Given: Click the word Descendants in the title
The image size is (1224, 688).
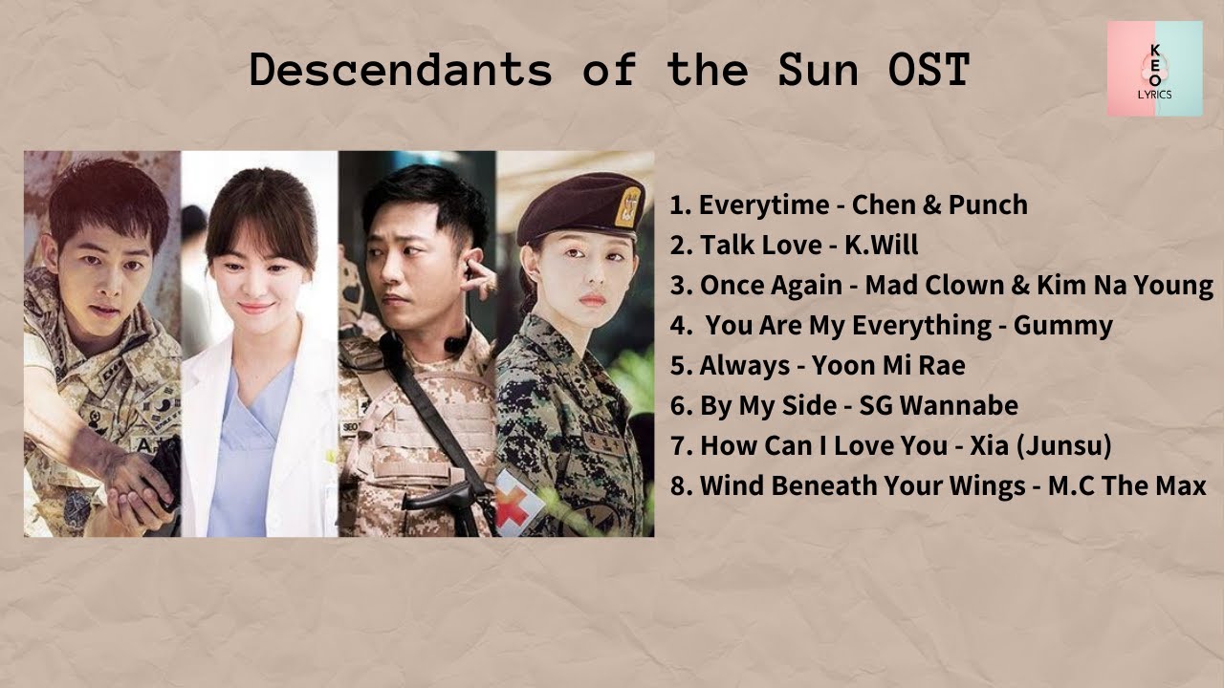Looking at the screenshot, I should point(401,71).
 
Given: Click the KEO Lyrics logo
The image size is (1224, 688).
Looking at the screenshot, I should point(1154,69).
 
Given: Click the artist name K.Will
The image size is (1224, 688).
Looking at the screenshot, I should point(881,245).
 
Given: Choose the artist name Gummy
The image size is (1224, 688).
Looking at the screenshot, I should point(1062,325).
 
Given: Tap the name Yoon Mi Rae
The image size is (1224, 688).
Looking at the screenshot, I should point(888,365).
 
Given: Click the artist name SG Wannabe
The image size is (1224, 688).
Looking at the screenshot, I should point(938,405).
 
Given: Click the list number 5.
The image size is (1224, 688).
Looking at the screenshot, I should point(680,365).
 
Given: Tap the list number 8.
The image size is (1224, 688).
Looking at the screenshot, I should point(680,485).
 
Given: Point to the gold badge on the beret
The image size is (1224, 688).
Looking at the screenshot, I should point(627,205).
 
